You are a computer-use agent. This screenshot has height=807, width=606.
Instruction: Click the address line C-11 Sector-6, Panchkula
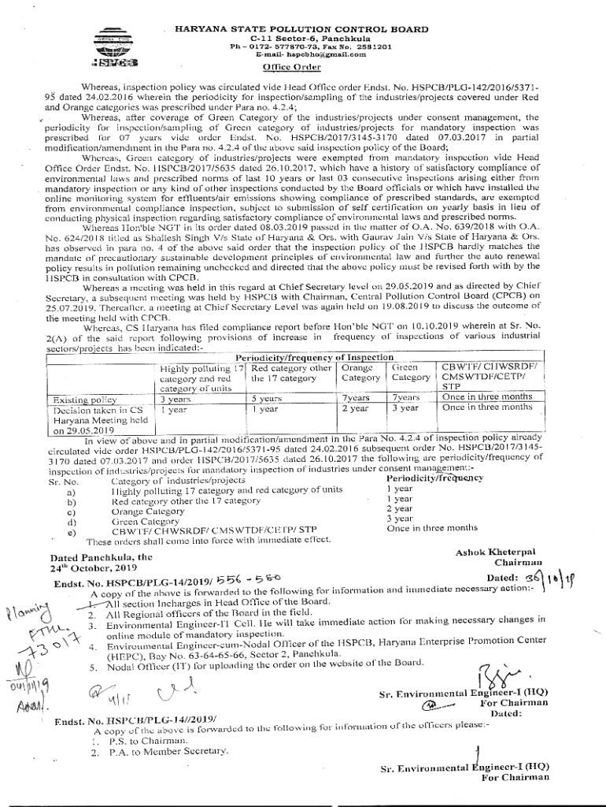(x=298, y=38)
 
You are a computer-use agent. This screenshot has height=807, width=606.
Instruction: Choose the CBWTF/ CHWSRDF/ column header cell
(x=489, y=366)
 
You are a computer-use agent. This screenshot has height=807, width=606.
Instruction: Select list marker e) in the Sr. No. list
(x=72, y=534)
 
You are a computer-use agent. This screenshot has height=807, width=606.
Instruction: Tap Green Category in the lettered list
(x=145, y=522)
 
